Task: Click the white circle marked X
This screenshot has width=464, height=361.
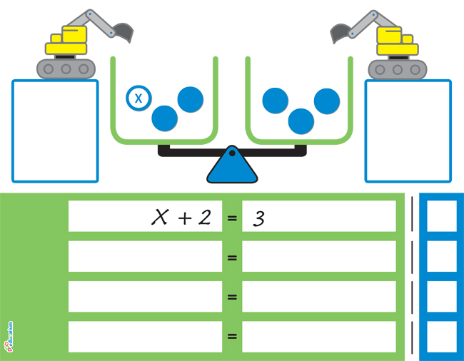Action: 138,98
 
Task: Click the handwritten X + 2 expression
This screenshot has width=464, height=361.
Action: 181,217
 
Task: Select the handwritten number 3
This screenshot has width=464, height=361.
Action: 259,218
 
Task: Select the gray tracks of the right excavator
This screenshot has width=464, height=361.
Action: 397,69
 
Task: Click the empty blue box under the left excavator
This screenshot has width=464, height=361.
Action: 54,131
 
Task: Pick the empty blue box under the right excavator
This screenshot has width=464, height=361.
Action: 408,131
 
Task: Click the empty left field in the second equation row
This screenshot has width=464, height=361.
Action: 145,257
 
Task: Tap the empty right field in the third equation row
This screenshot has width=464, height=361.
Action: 318,297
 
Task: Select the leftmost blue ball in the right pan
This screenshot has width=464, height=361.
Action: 275,100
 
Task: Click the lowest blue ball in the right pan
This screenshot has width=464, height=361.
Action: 301,121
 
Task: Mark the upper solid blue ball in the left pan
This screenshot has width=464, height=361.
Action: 191,99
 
